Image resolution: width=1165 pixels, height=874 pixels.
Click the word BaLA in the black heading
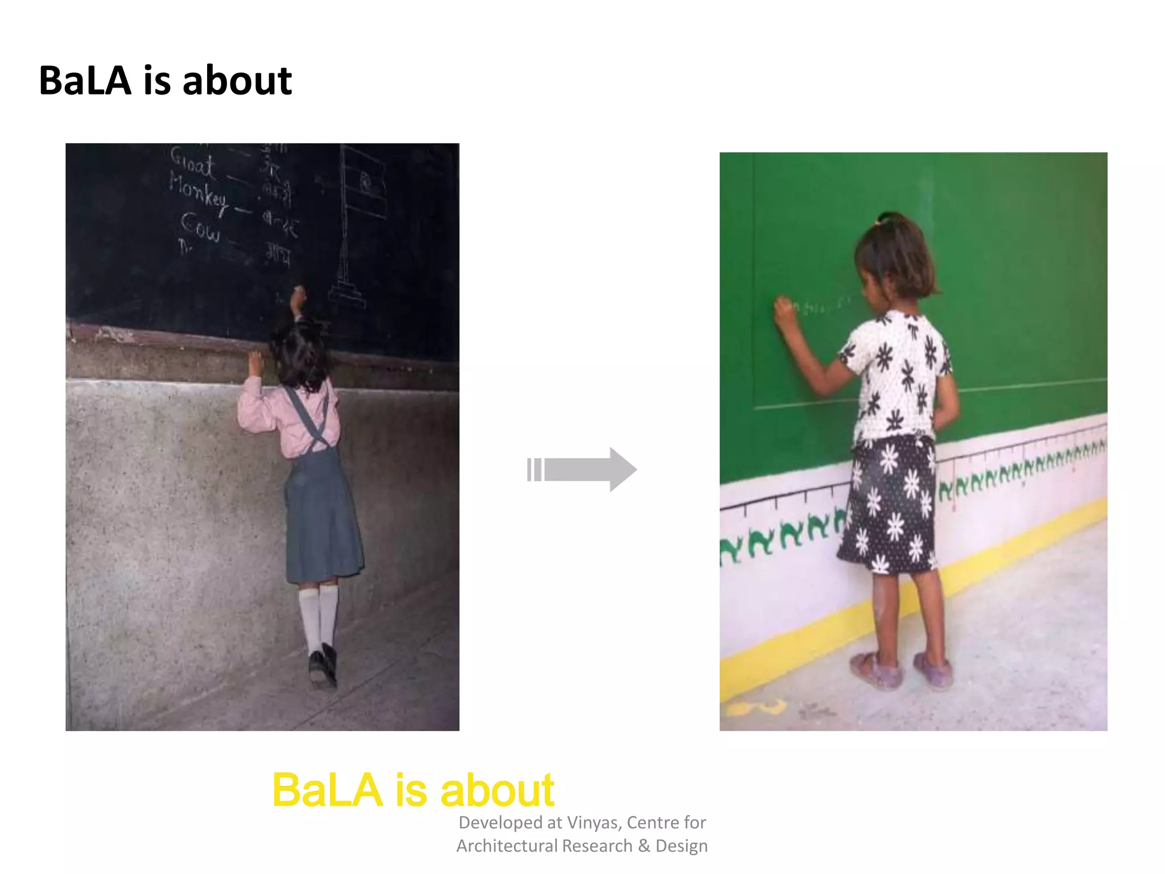pyautogui.click(x=85, y=81)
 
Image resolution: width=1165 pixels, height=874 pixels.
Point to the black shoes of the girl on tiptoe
pyautogui.click(x=323, y=666)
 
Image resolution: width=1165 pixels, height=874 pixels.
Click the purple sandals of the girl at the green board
pyautogui.click(x=904, y=671)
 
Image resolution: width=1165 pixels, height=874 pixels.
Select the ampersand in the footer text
pyautogui.click(x=643, y=846)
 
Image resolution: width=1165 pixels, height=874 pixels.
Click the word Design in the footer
pyautogui.click(x=681, y=846)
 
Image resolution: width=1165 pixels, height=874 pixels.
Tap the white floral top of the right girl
pyautogui.click(x=896, y=376)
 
